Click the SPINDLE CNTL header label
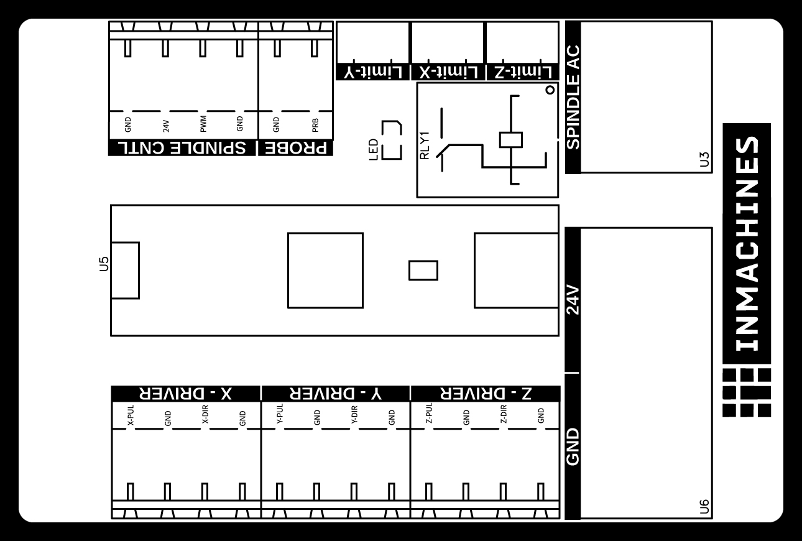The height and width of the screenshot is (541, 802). (182, 147)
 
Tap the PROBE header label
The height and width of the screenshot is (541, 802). (296, 148)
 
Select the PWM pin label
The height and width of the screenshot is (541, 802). (203, 124)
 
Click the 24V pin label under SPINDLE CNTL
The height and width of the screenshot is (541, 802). (166, 126)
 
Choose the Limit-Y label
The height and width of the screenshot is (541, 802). (373, 72)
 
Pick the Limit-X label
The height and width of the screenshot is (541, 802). (448, 72)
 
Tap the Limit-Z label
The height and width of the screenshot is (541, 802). (523, 72)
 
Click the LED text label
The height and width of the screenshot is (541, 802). (374, 150)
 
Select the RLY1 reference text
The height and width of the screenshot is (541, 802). (425, 146)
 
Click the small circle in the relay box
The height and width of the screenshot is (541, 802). (550, 90)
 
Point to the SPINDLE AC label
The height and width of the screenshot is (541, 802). (573, 97)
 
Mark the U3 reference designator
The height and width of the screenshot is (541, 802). (704, 159)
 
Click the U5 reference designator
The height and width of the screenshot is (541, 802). (104, 264)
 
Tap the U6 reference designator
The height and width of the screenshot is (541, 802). (704, 506)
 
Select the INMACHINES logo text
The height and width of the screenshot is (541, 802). (747, 244)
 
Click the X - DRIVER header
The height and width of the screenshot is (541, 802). (185, 394)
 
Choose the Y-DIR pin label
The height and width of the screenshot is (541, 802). (354, 415)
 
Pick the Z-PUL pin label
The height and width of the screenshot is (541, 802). (429, 413)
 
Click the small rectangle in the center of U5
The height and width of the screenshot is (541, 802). (423, 270)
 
